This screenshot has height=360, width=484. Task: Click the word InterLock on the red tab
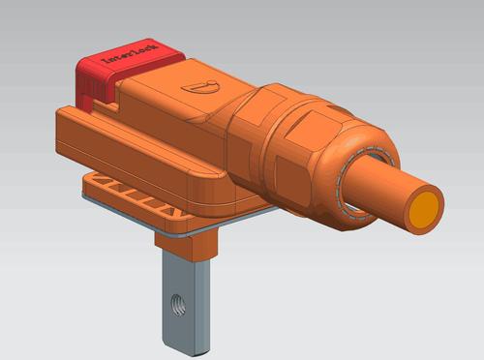(x=130, y=52)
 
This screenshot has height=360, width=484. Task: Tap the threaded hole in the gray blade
(x=178, y=305)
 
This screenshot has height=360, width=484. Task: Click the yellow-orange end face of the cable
(x=424, y=209)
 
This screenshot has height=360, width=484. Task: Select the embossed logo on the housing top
(x=200, y=87)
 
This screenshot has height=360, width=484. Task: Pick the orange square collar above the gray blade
(x=186, y=242)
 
